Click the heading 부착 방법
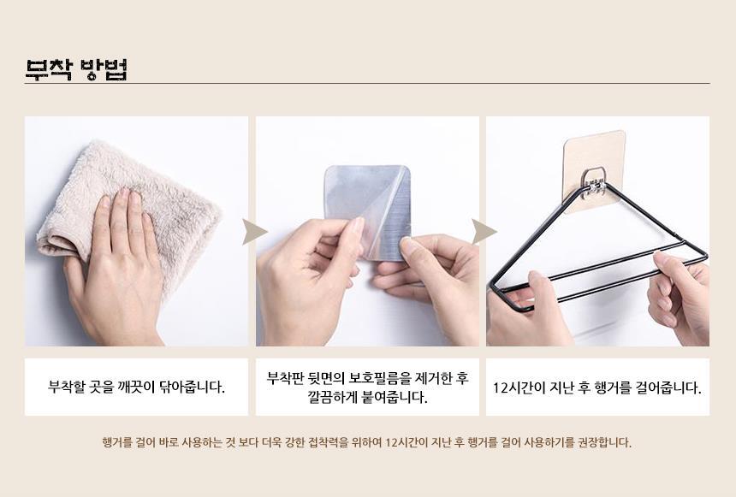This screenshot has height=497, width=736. pos(76,69)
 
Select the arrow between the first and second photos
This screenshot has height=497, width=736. pos(254,231)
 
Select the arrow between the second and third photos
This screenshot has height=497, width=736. pos(484,231)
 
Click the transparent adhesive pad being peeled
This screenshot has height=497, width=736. pos(368,211)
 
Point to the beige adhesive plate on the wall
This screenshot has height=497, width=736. pos(594,170)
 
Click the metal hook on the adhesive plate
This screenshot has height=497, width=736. pos(592,180)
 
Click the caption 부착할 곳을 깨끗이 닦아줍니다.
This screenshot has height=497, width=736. pos(137,388)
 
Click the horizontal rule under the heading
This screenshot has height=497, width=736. pos(367,84)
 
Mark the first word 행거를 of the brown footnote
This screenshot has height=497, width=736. pos(117,442)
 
